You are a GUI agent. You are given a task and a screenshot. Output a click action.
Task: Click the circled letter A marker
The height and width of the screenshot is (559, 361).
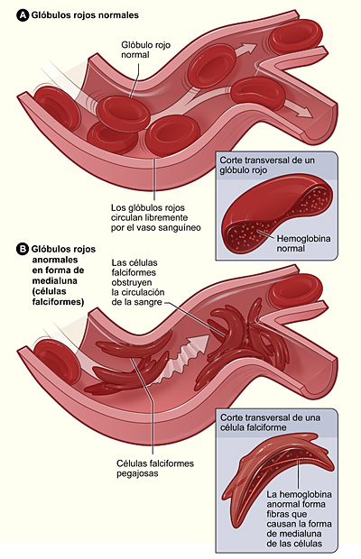pyautogui.click(x=23, y=14)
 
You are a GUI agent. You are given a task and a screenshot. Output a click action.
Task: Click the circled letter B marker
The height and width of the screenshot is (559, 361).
pyautogui.click(x=23, y=247)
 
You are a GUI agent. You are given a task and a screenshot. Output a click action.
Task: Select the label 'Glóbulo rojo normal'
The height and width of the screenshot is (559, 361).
pyautogui.click(x=143, y=50)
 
